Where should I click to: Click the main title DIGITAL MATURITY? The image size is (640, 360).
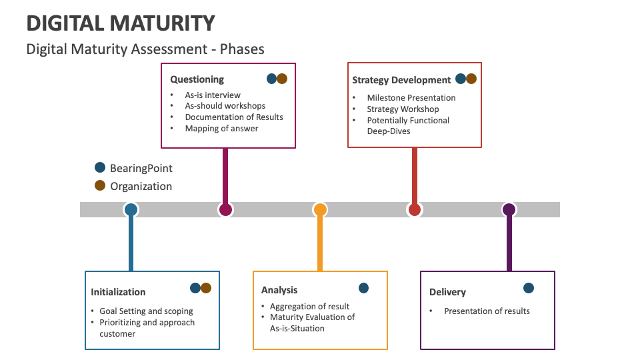(x=121, y=23)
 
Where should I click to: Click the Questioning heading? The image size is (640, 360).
(x=197, y=79)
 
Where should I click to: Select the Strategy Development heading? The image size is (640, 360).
(x=401, y=80)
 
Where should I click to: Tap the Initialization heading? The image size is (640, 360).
(x=118, y=291)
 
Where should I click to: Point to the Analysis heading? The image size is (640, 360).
(x=279, y=289)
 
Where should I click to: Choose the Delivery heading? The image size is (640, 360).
(x=447, y=292)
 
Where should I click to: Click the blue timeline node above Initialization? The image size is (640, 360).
(x=131, y=210)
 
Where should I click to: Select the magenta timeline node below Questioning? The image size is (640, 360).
(x=225, y=210)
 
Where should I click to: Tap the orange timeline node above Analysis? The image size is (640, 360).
(x=320, y=210)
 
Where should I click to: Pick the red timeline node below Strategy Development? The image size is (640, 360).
(x=415, y=210)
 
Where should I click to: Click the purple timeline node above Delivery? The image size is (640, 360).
(x=509, y=210)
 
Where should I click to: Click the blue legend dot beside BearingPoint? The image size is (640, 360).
(x=100, y=167)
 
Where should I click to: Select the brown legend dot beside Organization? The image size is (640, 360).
(x=100, y=185)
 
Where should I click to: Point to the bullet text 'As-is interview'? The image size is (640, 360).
(x=213, y=95)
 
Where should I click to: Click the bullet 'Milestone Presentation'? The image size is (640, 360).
(x=411, y=97)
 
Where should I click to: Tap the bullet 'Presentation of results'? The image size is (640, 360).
(x=487, y=311)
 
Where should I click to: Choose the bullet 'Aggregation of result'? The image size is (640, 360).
(x=309, y=306)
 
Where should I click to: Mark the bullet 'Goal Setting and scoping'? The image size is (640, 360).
(x=146, y=311)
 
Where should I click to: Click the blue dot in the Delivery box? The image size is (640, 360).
(x=529, y=288)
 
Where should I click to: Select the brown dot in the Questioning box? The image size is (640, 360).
(x=282, y=79)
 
